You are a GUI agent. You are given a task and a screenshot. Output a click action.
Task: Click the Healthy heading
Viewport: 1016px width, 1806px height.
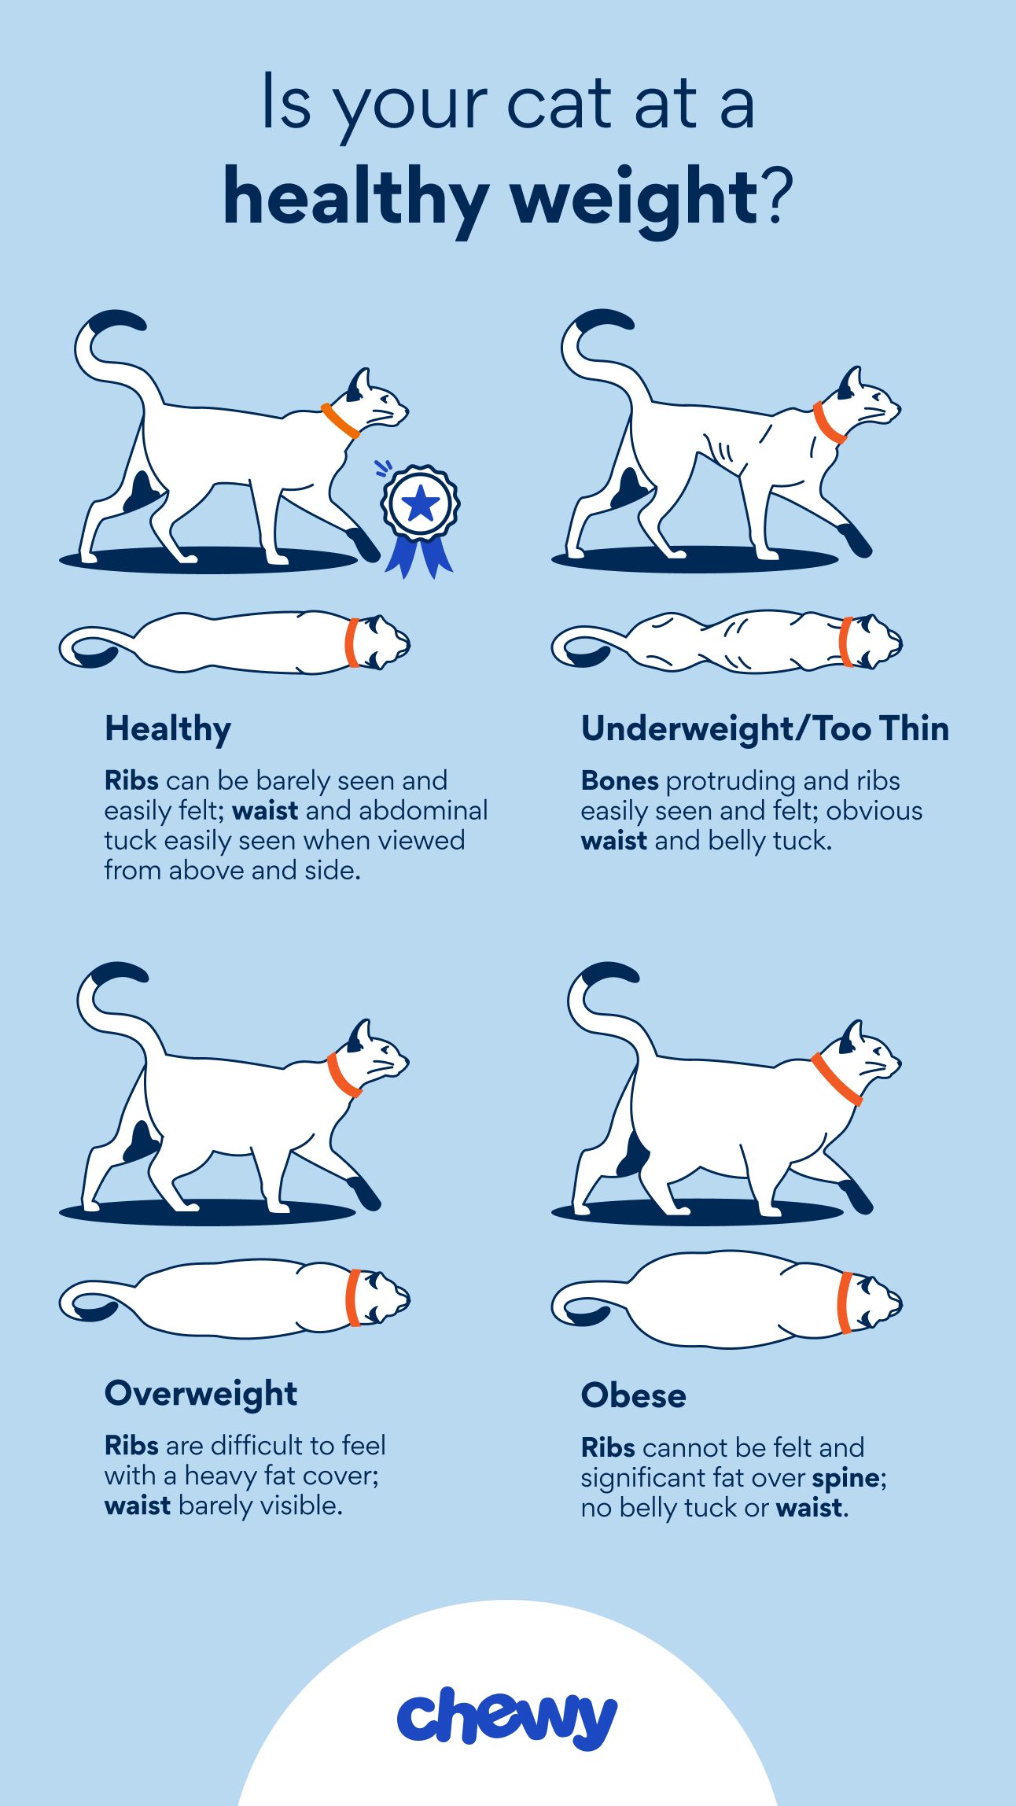pos(168,730)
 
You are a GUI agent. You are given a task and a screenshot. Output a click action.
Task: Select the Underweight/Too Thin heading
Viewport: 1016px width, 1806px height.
pos(765,728)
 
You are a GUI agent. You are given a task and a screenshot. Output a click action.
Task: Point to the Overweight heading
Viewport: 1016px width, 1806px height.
pos(201,1393)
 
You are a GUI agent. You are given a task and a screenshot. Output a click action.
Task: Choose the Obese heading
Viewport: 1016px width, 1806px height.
pos(634,1395)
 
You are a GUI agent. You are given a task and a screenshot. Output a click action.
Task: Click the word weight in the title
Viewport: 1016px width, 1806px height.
pos(635,197)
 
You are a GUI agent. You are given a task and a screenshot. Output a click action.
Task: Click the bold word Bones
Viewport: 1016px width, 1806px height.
pos(620,780)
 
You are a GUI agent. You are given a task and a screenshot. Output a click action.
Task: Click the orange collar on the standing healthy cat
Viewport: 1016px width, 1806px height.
pos(340,421)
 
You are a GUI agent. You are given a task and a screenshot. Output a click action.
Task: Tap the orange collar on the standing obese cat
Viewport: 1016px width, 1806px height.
pos(837,1079)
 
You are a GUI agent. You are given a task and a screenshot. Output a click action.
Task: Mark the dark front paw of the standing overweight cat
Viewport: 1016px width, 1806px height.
pos(363,1192)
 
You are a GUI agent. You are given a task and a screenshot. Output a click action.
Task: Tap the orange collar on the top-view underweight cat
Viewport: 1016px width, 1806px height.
pos(846,642)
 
